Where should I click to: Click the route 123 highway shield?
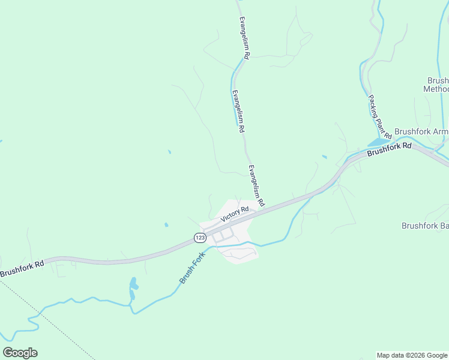199,238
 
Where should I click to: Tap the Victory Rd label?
234,214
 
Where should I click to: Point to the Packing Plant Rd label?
379,115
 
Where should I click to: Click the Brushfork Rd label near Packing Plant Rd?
390,148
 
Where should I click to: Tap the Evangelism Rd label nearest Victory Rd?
256,186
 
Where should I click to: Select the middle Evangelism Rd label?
238,111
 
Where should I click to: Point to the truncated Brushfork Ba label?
425,226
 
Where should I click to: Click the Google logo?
20,353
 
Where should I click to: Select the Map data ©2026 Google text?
412,355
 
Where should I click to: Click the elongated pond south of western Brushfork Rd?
133,288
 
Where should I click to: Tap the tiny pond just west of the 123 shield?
166,225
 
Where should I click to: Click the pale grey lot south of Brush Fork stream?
240,253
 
